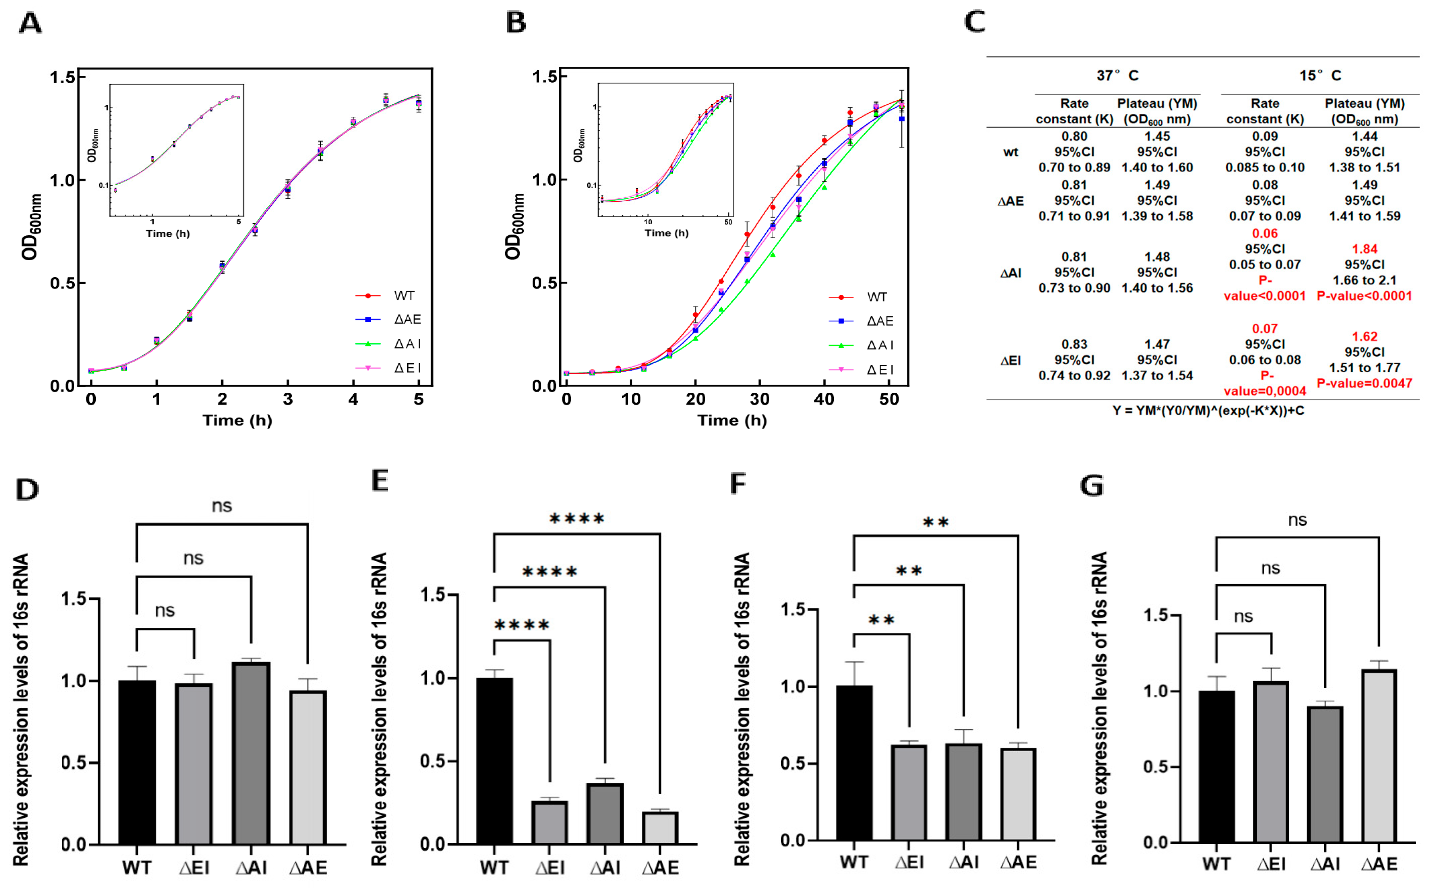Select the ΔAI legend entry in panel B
pyautogui.click(x=879, y=345)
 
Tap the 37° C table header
pyautogui.click(x=1116, y=76)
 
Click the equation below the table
pyautogui.click(x=1207, y=410)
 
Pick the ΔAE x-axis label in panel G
pyautogui.click(x=1379, y=864)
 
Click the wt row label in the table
pyautogui.click(x=1010, y=152)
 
